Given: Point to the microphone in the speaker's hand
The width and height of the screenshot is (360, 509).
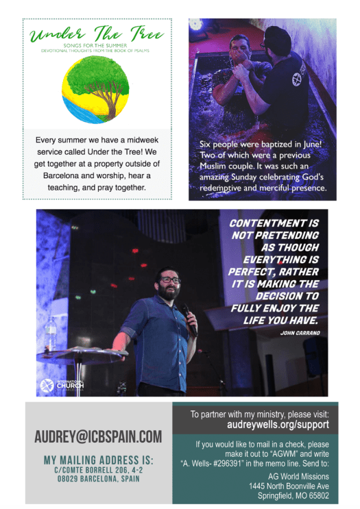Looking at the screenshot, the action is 187,316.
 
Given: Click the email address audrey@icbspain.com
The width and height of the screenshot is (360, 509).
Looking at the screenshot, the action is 98,436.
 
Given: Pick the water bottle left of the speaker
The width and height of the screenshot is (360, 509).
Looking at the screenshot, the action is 51,334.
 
